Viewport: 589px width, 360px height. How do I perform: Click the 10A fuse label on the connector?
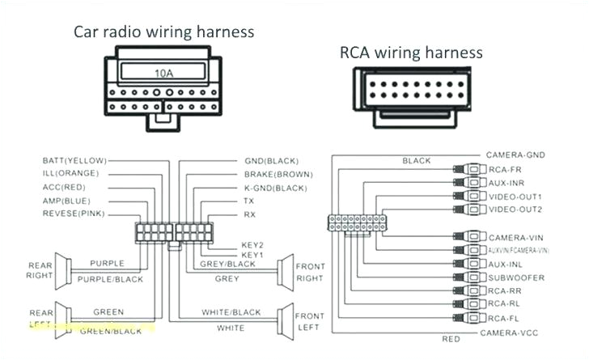[x=163, y=73]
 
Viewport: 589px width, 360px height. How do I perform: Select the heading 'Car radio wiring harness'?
[x=164, y=32]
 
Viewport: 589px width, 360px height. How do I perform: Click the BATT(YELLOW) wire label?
[x=71, y=161]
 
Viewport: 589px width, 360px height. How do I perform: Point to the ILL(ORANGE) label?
[x=70, y=174]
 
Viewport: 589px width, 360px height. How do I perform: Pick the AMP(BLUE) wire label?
[x=66, y=201]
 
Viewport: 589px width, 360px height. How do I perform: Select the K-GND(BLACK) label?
[x=275, y=187]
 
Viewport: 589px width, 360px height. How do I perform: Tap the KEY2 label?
[x=252, y=244]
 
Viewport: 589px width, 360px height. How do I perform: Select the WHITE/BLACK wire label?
[x=231, y=312]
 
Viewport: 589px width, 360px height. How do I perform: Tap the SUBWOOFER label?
[x=515, y=277]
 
